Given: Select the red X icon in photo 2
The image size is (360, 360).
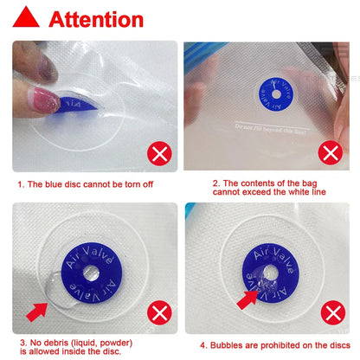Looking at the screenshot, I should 330,154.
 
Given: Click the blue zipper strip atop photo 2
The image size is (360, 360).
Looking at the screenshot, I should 260,46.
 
